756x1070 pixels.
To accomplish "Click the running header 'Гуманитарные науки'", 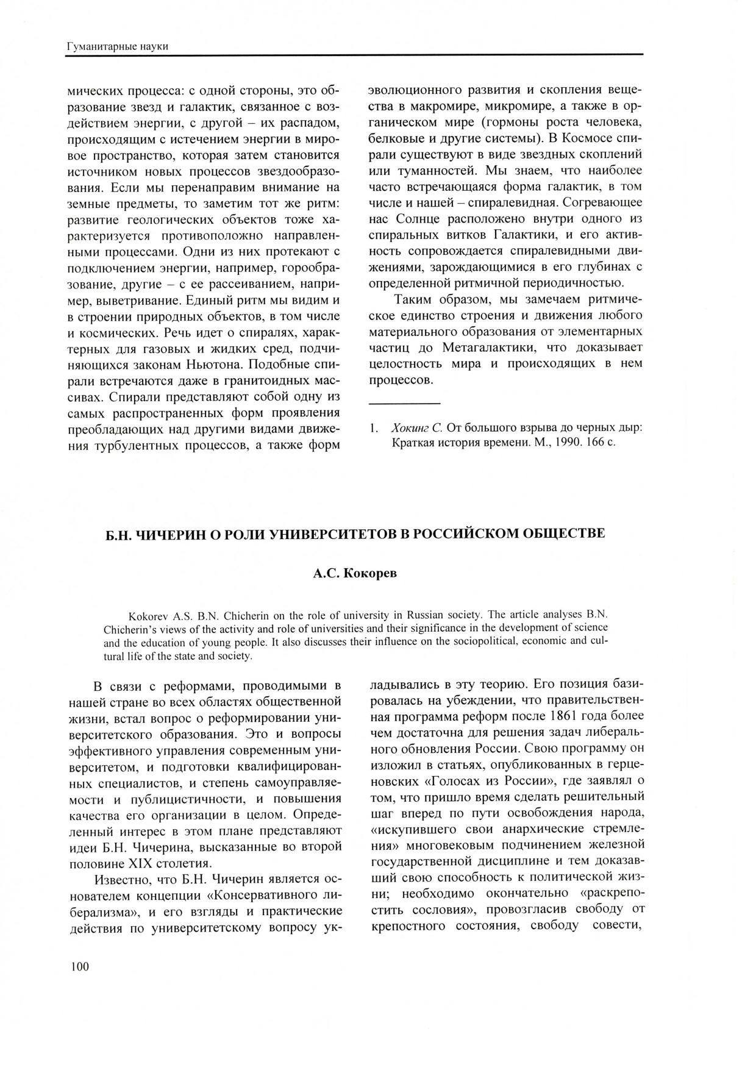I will pos(117,46).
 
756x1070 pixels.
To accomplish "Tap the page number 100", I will pos(80,967).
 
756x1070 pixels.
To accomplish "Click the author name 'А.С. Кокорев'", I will pos(355,574).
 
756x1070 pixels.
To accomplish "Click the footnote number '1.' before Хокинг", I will pos(374,427).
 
